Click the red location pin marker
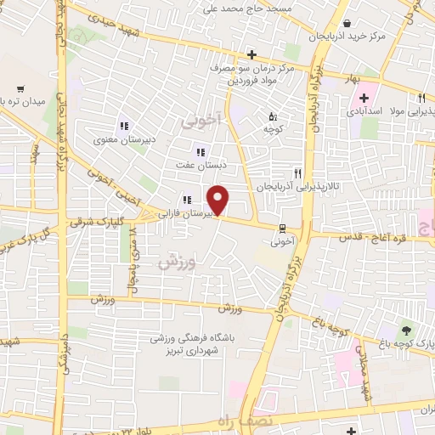[218, 201]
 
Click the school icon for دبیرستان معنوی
[123, 127]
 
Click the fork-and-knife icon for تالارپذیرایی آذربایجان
[297, 172]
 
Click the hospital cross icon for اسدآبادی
[364, 98]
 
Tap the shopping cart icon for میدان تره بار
[21, 88]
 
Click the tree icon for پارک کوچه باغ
[405, 330]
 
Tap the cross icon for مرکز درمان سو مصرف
[252, 54]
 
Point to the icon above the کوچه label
[272, 117]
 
